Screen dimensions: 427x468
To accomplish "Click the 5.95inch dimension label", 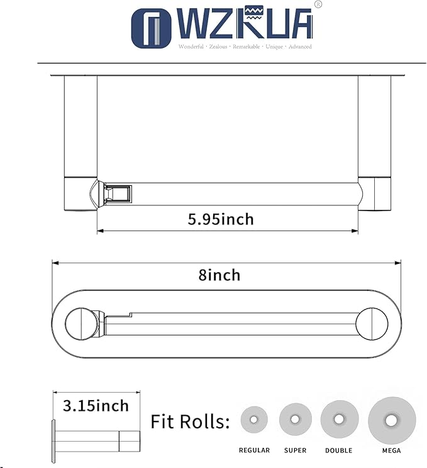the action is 221,219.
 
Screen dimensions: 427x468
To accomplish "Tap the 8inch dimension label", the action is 219,275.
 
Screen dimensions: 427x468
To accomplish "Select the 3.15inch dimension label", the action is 96,406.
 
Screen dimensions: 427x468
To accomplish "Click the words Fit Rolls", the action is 191,422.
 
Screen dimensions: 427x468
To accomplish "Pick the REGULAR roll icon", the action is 254,420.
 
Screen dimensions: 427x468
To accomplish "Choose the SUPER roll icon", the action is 295,420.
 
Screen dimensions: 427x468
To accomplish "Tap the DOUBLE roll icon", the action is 339,419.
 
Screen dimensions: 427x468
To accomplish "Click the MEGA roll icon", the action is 391,420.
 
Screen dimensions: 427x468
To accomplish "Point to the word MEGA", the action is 391,450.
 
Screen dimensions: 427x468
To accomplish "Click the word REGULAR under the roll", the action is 254,450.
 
